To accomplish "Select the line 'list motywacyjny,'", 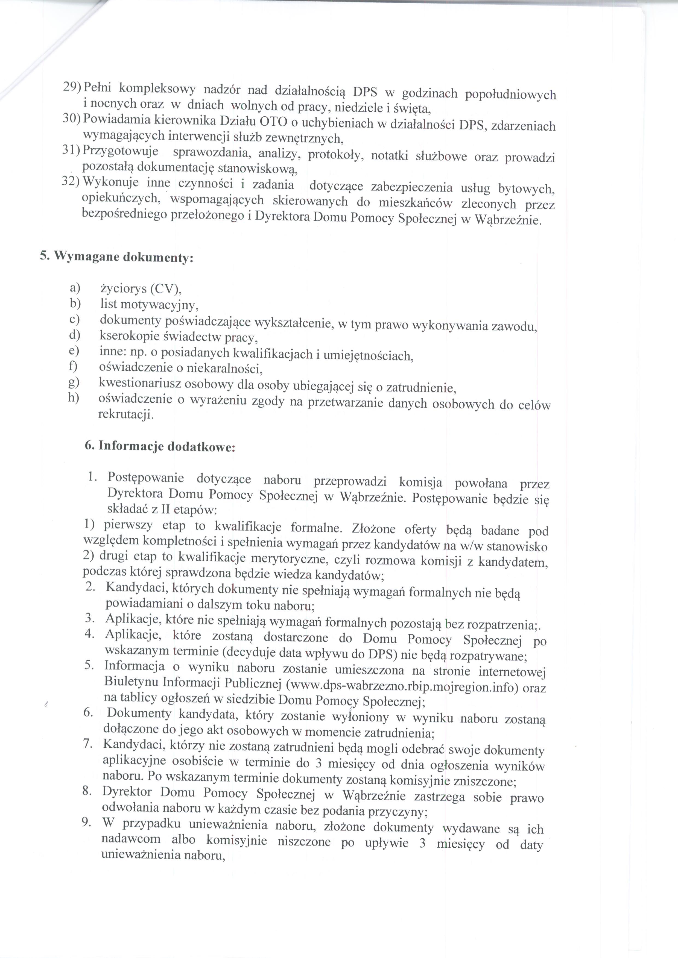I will pyautogui.click(x=149, y=305).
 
